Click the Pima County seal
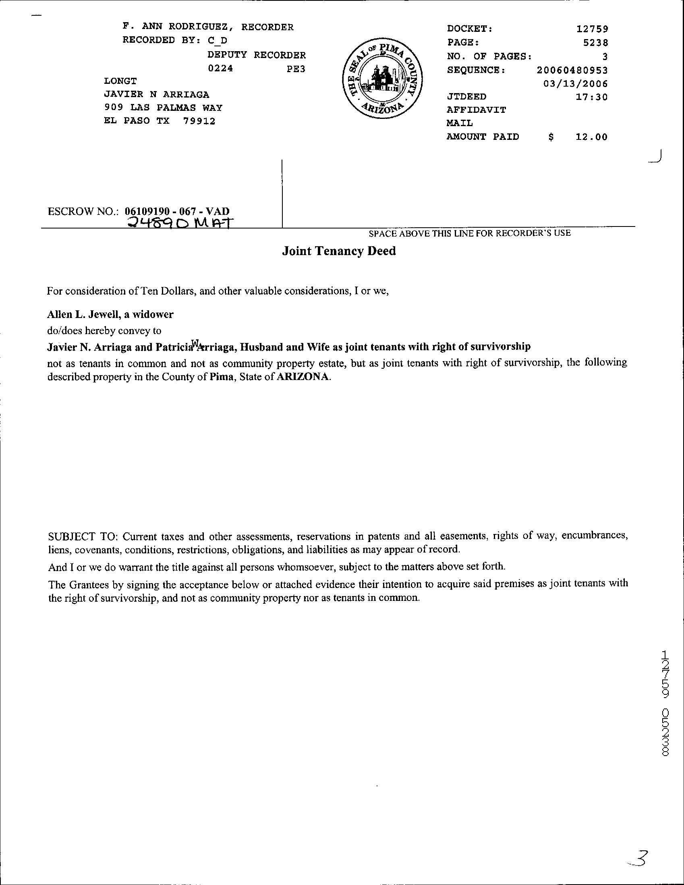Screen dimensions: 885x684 (382, 79)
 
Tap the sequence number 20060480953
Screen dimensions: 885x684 (572, 70)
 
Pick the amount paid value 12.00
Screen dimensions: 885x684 (592, 137)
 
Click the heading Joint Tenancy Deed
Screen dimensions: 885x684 (338, 251)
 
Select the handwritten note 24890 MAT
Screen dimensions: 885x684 (178, 222)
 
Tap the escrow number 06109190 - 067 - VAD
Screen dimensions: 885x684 (177, 211)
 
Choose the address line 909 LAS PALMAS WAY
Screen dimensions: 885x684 (163, 108)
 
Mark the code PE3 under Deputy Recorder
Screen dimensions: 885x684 (296, 69)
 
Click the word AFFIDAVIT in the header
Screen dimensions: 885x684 (476, 110)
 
